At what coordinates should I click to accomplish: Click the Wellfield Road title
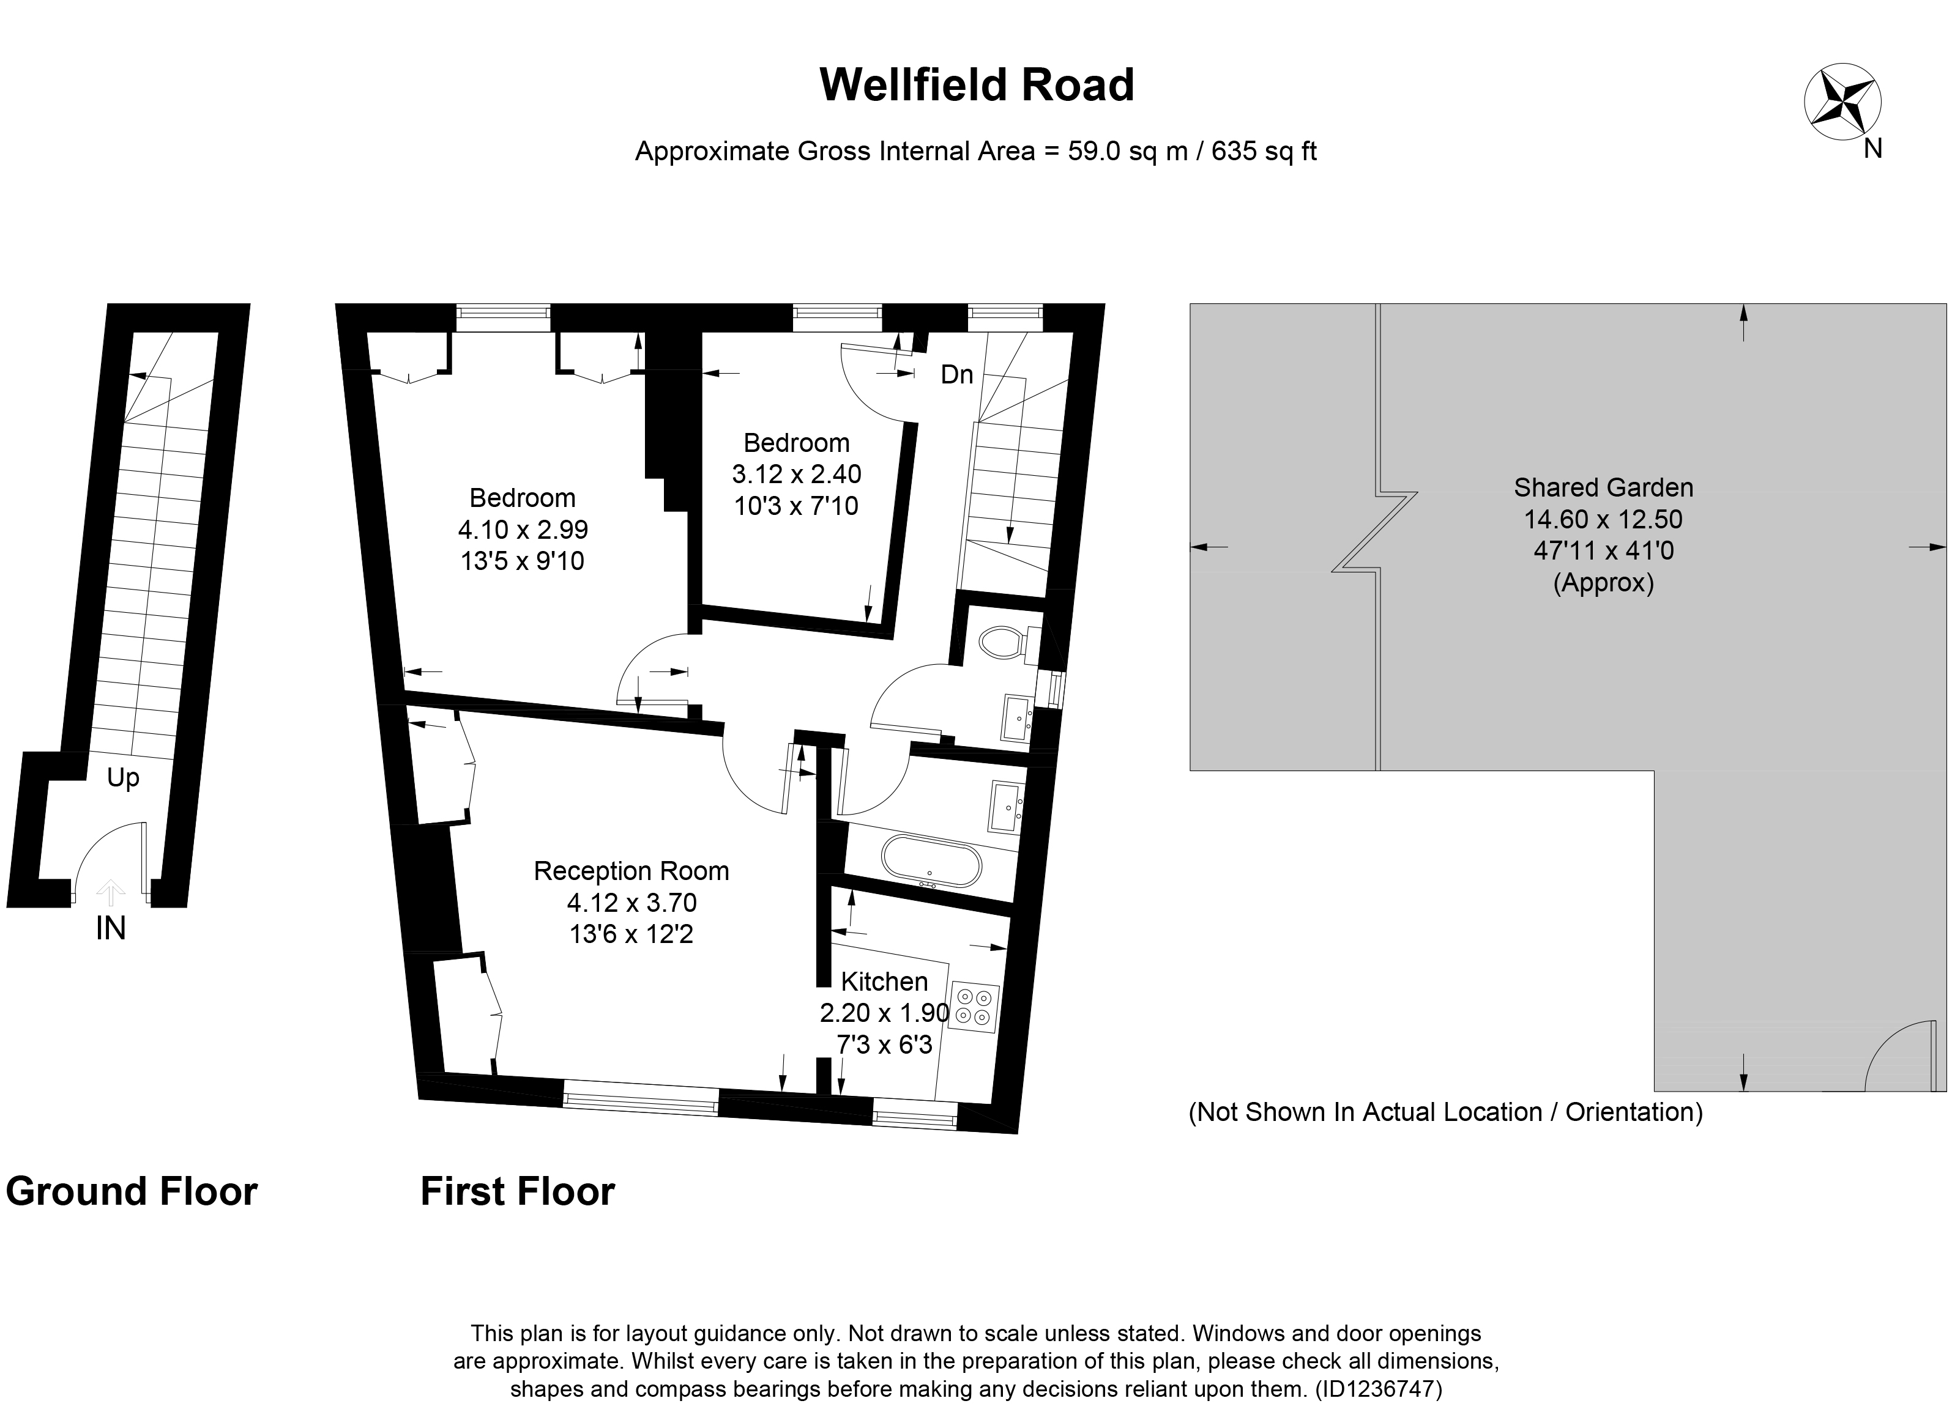pos(976,85)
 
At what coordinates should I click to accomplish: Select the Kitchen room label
pos(884,982)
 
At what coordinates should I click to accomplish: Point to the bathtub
pos(930,860)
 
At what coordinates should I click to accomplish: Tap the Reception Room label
pos(631,871)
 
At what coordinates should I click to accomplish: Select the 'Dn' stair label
pos(956,374)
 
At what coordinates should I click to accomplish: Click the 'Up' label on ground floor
pos(123,778)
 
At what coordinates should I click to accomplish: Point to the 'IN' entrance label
pos(111,928)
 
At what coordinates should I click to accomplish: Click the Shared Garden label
pos(1603,488)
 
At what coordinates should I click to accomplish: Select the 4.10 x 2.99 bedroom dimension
pos(523,529)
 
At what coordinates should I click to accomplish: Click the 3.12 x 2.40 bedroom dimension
pos(796,474)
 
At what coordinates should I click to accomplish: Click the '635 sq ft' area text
pos(1264,152)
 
